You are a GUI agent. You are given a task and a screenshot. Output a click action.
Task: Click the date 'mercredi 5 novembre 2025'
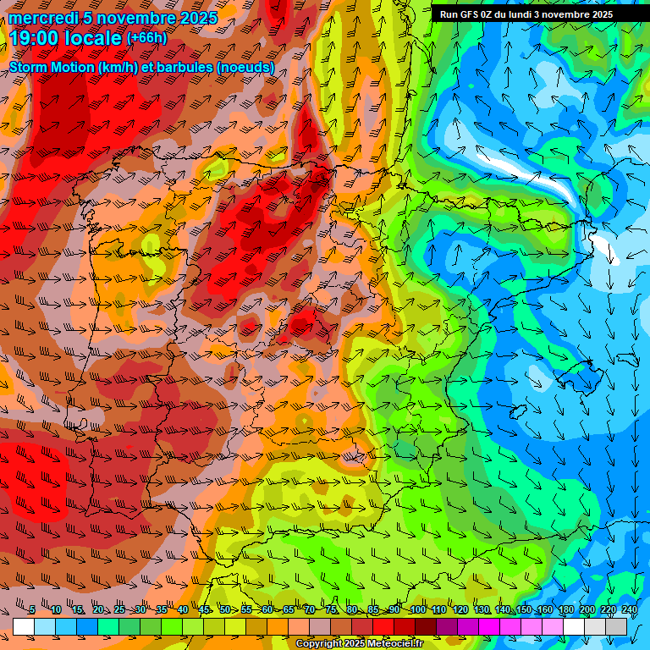(113, 18)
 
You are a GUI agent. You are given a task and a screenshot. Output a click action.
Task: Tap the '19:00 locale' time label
(66, 38)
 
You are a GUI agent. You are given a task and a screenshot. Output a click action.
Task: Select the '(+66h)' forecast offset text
(146, 38)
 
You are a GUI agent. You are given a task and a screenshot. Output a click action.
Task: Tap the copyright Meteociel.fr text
(359, 644)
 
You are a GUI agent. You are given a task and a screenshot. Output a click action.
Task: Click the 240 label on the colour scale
(629, 609)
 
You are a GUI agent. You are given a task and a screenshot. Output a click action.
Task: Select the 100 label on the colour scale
(417, 609)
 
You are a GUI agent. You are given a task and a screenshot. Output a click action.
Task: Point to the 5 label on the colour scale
(32, 609)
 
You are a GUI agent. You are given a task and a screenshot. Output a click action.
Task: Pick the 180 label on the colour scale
(565, 609)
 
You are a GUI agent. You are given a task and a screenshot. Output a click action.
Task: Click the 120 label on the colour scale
(460, 609)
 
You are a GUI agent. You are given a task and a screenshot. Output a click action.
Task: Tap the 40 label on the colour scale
(183, 609)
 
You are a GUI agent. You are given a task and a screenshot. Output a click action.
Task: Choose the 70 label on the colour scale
(310, 609)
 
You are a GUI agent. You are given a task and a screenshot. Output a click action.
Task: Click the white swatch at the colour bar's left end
(24, 626)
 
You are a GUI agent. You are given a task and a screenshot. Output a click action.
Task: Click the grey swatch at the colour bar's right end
(616, 626)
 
